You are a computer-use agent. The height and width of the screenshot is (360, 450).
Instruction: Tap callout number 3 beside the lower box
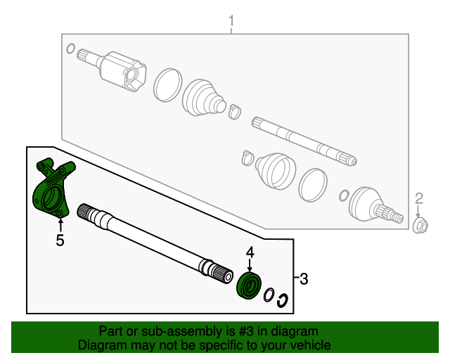tap(304, 279)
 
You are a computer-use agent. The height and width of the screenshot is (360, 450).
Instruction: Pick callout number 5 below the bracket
tap(60, 241)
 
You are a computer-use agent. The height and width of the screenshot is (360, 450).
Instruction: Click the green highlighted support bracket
tap(51, 189)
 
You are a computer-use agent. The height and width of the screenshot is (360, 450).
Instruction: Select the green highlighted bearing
tap(250, 285)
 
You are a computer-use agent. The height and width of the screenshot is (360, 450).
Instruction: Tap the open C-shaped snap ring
tap(282, 299)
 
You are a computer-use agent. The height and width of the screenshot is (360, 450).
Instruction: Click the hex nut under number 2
tap(420, 226)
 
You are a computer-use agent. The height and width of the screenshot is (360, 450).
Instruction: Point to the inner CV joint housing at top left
tap(124, 72)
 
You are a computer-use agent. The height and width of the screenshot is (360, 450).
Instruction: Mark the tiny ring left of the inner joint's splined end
tap(70, 49)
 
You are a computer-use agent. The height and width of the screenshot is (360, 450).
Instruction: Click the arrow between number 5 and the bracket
tap(60, 224)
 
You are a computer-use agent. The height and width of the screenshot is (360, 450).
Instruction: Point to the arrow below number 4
tap(249, 265)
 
